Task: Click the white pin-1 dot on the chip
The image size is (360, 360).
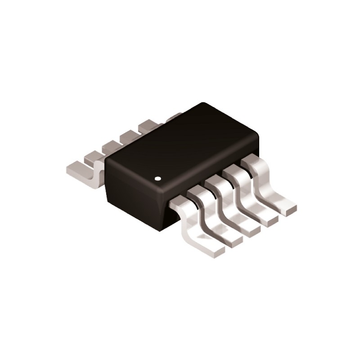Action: click(x=157, y=179)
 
